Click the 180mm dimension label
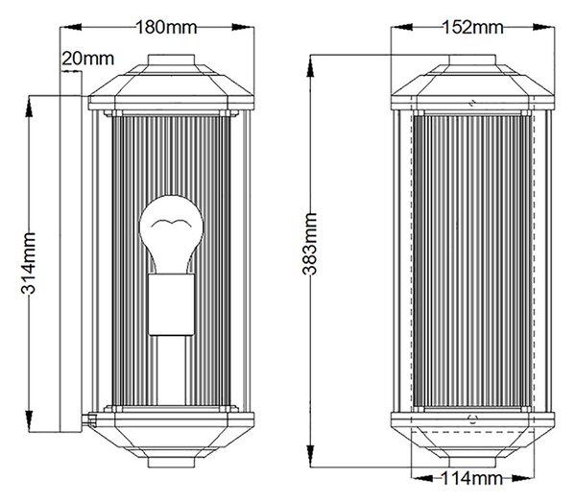pos(166,28)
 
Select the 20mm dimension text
pos(87,59)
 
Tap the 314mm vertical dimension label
pos(28,263)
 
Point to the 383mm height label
pos(309,244)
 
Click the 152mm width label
pos(472,28)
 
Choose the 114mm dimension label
pos(471,478)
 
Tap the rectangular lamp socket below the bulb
pos(171,304)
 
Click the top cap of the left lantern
pos(171,60)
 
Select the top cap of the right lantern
pos(472,60)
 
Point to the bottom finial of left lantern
pos(171,463)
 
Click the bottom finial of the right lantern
pos(472,463)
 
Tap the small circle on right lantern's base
pos(472,419)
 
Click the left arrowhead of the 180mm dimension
pos(71,27)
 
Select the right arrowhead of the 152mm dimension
pos(543,27)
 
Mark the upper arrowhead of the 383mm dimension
pos(310,66)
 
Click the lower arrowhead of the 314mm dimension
pos(29,421)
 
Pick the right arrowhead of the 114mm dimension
pos(522,478)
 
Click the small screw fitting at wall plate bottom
pos(89,419)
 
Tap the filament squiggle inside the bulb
pos(171,223)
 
